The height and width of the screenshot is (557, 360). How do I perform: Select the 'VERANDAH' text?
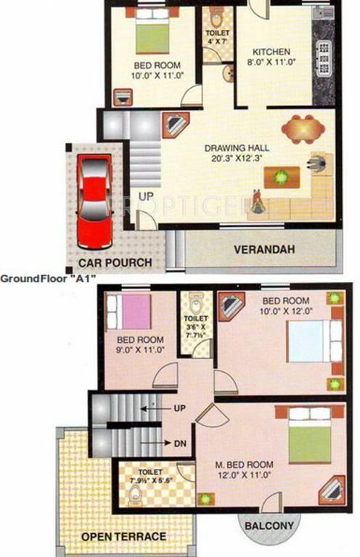point(263,249)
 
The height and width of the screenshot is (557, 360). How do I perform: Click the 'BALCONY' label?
point(269,526)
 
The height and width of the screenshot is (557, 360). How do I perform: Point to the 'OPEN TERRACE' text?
point(123,537)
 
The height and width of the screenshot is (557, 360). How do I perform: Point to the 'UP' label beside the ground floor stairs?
point(146,197)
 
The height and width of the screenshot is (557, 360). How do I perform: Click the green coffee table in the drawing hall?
point(281,176)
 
